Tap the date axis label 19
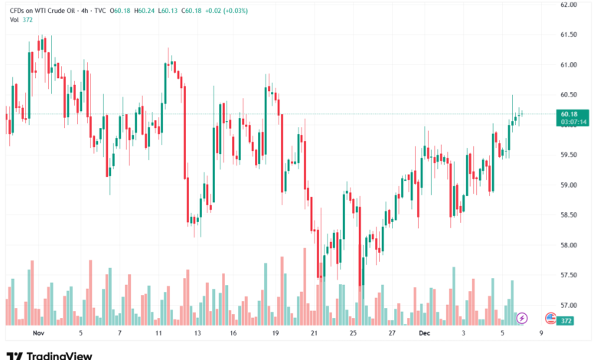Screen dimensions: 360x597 click(274, 334)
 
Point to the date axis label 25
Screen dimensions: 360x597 click(353, 334)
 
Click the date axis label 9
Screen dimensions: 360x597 click(541, 334)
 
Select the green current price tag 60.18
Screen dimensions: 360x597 click(569, 114)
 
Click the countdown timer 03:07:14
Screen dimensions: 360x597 click(573, 122)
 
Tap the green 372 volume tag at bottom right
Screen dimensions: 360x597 click(567, 321)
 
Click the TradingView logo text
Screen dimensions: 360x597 click(60, 355)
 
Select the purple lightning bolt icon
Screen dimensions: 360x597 click(523, 317)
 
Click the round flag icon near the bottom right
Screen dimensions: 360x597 click(550, 317)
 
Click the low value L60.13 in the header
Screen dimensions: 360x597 click(170, 11)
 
